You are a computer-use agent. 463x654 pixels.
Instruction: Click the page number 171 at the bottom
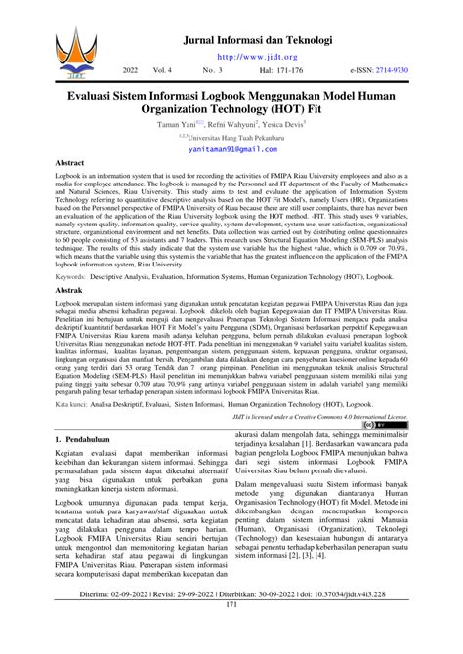click(x=231, y=634)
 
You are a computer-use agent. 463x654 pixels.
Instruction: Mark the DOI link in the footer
click(x=374, y=623)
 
